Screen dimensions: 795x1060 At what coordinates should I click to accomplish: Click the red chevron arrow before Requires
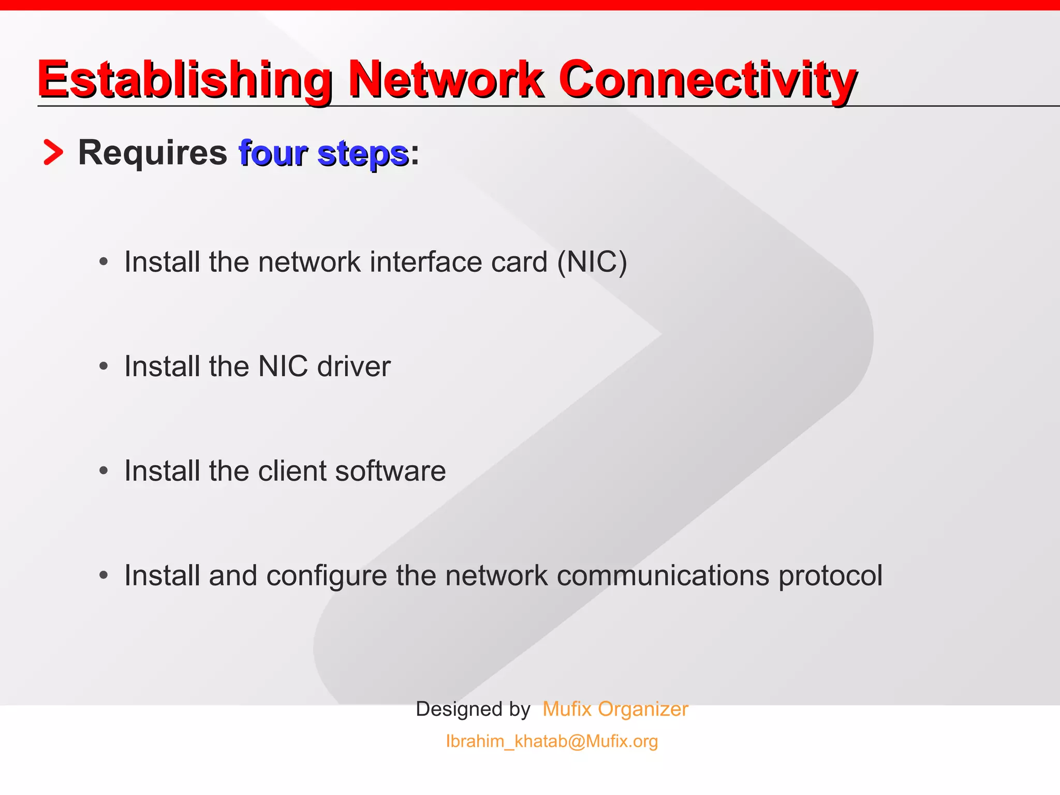[53, 153]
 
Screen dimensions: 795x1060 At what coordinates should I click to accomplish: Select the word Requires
[152, 153]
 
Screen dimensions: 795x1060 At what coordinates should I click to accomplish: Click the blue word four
[273, 154]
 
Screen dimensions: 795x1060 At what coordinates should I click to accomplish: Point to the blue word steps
[363, 154]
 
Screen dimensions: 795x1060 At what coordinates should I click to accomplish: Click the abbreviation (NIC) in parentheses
[592, 262]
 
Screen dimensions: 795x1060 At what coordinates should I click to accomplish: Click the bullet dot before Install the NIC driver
[104, 366]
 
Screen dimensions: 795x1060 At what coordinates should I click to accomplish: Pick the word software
[390, 471]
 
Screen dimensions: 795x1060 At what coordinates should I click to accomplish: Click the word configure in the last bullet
[326, 576]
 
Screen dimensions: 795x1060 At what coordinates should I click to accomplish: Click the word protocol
[830, 576]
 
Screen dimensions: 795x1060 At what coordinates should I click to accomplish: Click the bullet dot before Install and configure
[104, 575]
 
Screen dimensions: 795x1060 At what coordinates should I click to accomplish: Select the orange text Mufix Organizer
[615, 709]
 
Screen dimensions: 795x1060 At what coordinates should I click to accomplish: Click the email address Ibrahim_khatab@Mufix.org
[552, 741]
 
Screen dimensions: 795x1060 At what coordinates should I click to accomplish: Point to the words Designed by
[473, 709]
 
